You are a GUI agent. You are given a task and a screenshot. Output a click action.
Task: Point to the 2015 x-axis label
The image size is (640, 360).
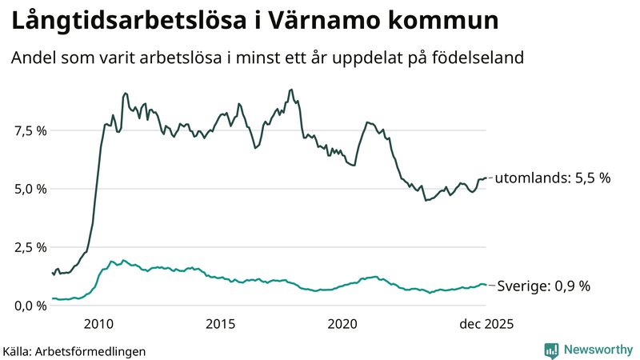coord(221,323)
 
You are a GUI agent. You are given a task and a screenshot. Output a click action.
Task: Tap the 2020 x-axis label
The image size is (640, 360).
coord(342,323)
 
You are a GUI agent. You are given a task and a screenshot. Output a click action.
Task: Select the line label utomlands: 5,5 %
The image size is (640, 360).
coord(553,178)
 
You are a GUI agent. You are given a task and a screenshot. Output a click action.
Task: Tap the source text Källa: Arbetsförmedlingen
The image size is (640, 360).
coord(74,350)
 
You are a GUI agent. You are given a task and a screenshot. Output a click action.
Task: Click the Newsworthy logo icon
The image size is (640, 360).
coord(551,350)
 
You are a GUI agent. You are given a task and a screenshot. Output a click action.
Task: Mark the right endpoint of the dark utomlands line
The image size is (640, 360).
coord(486,178)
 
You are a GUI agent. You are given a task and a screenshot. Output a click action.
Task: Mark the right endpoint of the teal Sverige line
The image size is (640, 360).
coord(486,285)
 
